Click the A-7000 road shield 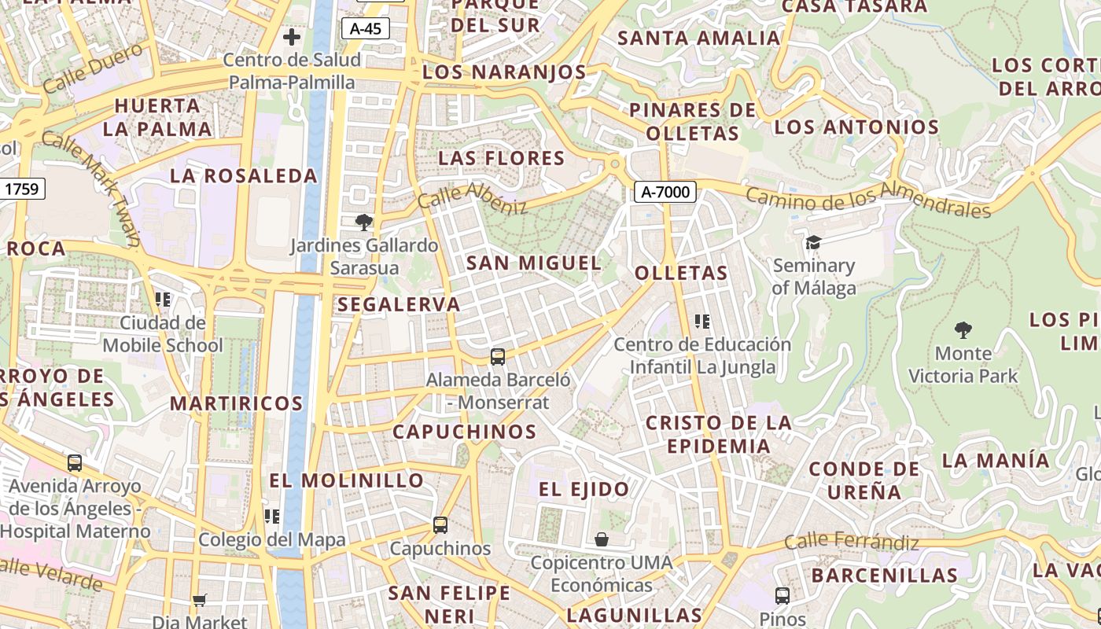click(x=665, y=192)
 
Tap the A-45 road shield click(x=366, y=29)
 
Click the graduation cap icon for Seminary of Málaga click(x=812, y=243)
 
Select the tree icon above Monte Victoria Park click(x=963, y=329)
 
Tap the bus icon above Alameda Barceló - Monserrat click(x=497, y=357)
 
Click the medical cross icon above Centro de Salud click(x=292, y=37)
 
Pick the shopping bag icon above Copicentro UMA click(x=602, y=539)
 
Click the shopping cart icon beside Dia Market click(x=200, y=600)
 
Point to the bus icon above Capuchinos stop click(x=440, y=524)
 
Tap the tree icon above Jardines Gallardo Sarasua click(x=363, y=223)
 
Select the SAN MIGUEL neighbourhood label click(x=534, y=263)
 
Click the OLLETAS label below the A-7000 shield click(x=681, y=274)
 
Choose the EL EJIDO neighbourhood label click(x=584, y=489)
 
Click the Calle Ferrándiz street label click(x=852, y=542)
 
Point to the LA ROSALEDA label click(x=244, y=175)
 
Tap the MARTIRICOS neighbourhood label click(x=237, y=403)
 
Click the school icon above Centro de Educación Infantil click(x=702, y=321)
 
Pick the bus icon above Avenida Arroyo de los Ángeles click(x=75, y=463)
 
